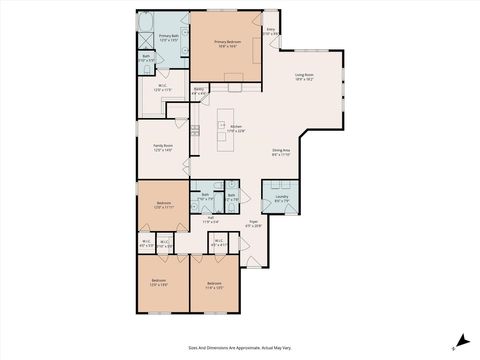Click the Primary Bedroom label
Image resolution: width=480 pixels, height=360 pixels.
coord(226,43)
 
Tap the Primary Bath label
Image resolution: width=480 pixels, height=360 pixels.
coord(169,37)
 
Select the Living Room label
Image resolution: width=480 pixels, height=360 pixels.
coord(304,76)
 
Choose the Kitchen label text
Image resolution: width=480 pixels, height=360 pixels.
coord(236,128)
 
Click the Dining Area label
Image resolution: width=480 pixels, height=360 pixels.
coord(281,152)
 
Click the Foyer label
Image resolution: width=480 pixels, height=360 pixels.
coord(254,224)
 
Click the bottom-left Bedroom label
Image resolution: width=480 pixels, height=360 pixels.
coord(159,282)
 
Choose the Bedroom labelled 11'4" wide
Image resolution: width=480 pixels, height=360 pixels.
coord(213,284)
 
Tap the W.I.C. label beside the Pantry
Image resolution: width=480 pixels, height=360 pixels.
coord(162,87)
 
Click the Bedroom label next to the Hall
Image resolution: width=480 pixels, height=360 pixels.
coord(162,204)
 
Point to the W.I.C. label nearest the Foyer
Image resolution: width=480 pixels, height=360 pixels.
coord(219,243)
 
